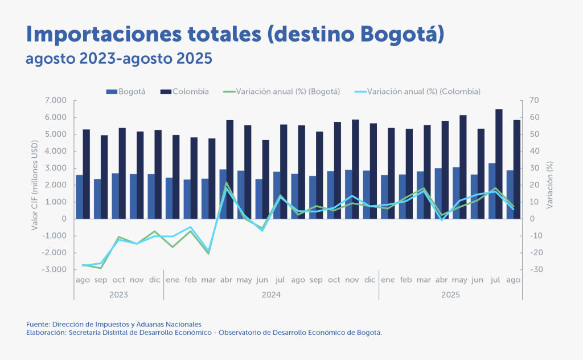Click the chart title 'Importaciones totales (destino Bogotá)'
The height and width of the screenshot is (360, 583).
235,34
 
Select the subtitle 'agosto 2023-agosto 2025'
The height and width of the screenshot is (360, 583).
118,59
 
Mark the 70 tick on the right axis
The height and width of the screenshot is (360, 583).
533,101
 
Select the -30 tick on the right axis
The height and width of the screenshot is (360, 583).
534,269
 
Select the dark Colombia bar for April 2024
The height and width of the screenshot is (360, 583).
230,169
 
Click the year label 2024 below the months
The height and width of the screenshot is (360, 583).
271,295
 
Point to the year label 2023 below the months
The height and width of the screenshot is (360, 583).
118,295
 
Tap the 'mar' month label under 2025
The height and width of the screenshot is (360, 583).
423,280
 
